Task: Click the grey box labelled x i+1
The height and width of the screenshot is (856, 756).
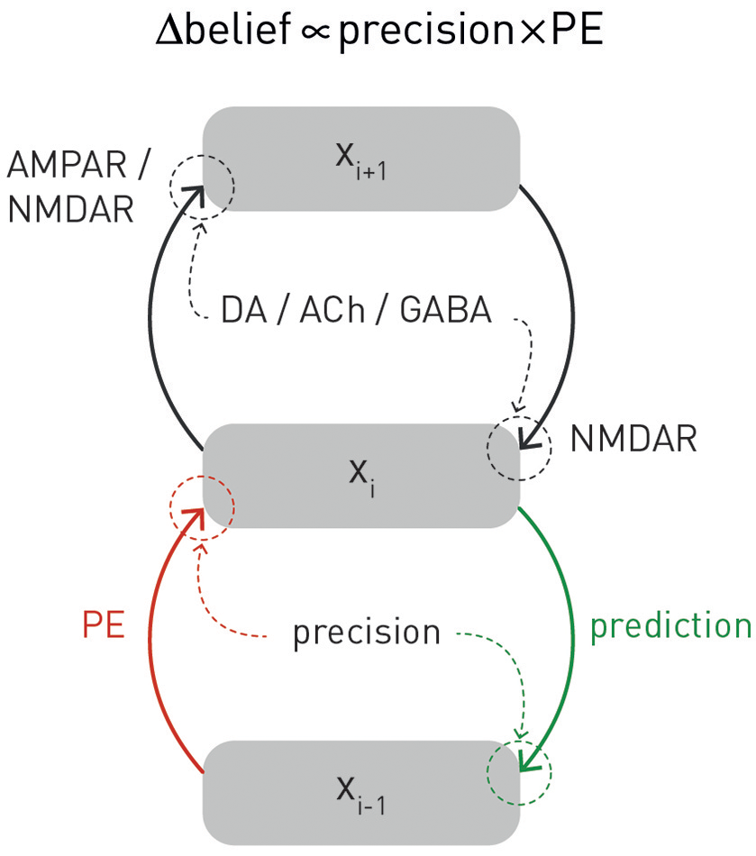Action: point(360,159)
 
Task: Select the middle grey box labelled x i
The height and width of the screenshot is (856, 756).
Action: point(360,476)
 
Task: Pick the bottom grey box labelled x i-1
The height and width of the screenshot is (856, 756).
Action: point(360,792)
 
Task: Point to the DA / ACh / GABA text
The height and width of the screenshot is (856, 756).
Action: point(357,311)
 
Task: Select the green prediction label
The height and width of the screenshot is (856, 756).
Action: point(670,625)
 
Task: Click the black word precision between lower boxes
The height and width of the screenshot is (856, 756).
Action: point(367,633)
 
